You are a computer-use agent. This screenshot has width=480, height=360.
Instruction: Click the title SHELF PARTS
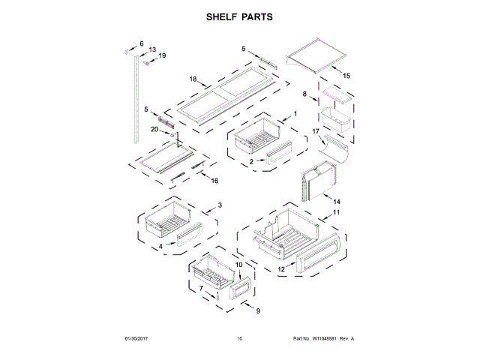239,16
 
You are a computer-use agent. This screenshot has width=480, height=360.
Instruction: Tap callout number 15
346,76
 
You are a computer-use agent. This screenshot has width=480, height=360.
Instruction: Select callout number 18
193,79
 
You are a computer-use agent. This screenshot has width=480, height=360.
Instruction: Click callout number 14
337,202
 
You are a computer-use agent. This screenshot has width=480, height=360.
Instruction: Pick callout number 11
337,213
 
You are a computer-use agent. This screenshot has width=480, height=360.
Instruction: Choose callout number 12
281,268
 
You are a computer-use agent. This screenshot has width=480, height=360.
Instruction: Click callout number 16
214,181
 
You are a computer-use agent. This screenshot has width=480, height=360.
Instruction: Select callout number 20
154,129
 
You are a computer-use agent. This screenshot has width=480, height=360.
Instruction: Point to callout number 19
162,55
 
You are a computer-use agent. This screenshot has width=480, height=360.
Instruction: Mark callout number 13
152,49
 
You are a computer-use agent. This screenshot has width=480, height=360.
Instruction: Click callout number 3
220,205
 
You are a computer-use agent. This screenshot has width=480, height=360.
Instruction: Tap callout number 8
305,94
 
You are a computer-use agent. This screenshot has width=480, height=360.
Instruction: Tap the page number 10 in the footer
239,338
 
